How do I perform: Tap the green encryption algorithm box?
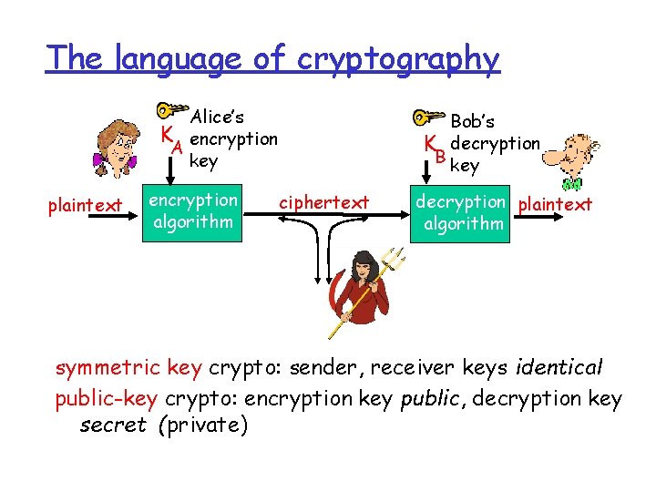(193, 211)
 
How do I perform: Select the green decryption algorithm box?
(461, 213)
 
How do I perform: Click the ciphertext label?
(323, 201)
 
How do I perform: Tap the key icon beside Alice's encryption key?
(170, 109)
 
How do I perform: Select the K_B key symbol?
(434, 148)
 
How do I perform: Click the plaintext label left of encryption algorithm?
(85, 206)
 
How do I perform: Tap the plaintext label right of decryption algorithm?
(554, 204)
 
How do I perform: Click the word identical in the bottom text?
(559, 368)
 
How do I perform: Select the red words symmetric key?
(128, 368)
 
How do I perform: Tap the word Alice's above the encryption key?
(217, 117)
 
